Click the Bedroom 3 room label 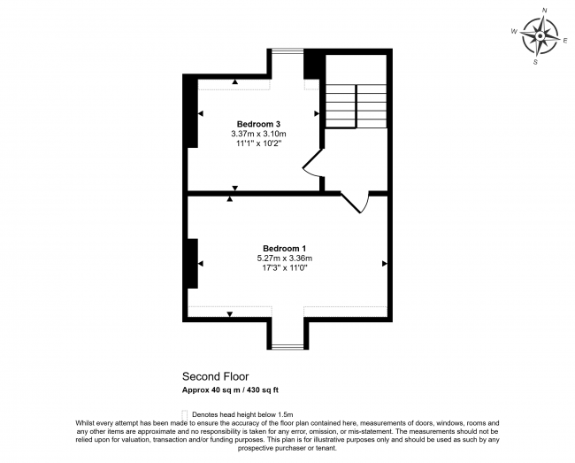pos(259,123)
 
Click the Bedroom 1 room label pos(285,247)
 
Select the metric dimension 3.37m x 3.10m pos(259,134)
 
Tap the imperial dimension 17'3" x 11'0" pos(285,268)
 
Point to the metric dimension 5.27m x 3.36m pos(285,258)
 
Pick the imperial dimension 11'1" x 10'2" pos(259,143)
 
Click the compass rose pos(538,35)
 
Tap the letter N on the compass pos(544,11)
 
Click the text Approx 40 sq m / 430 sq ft pos(230,390)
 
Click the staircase pos(356,104)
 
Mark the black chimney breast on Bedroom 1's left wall pos(191,262)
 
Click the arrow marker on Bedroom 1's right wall pos(385,263)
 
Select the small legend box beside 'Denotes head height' pos(184,413)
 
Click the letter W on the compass pos(514,30)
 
